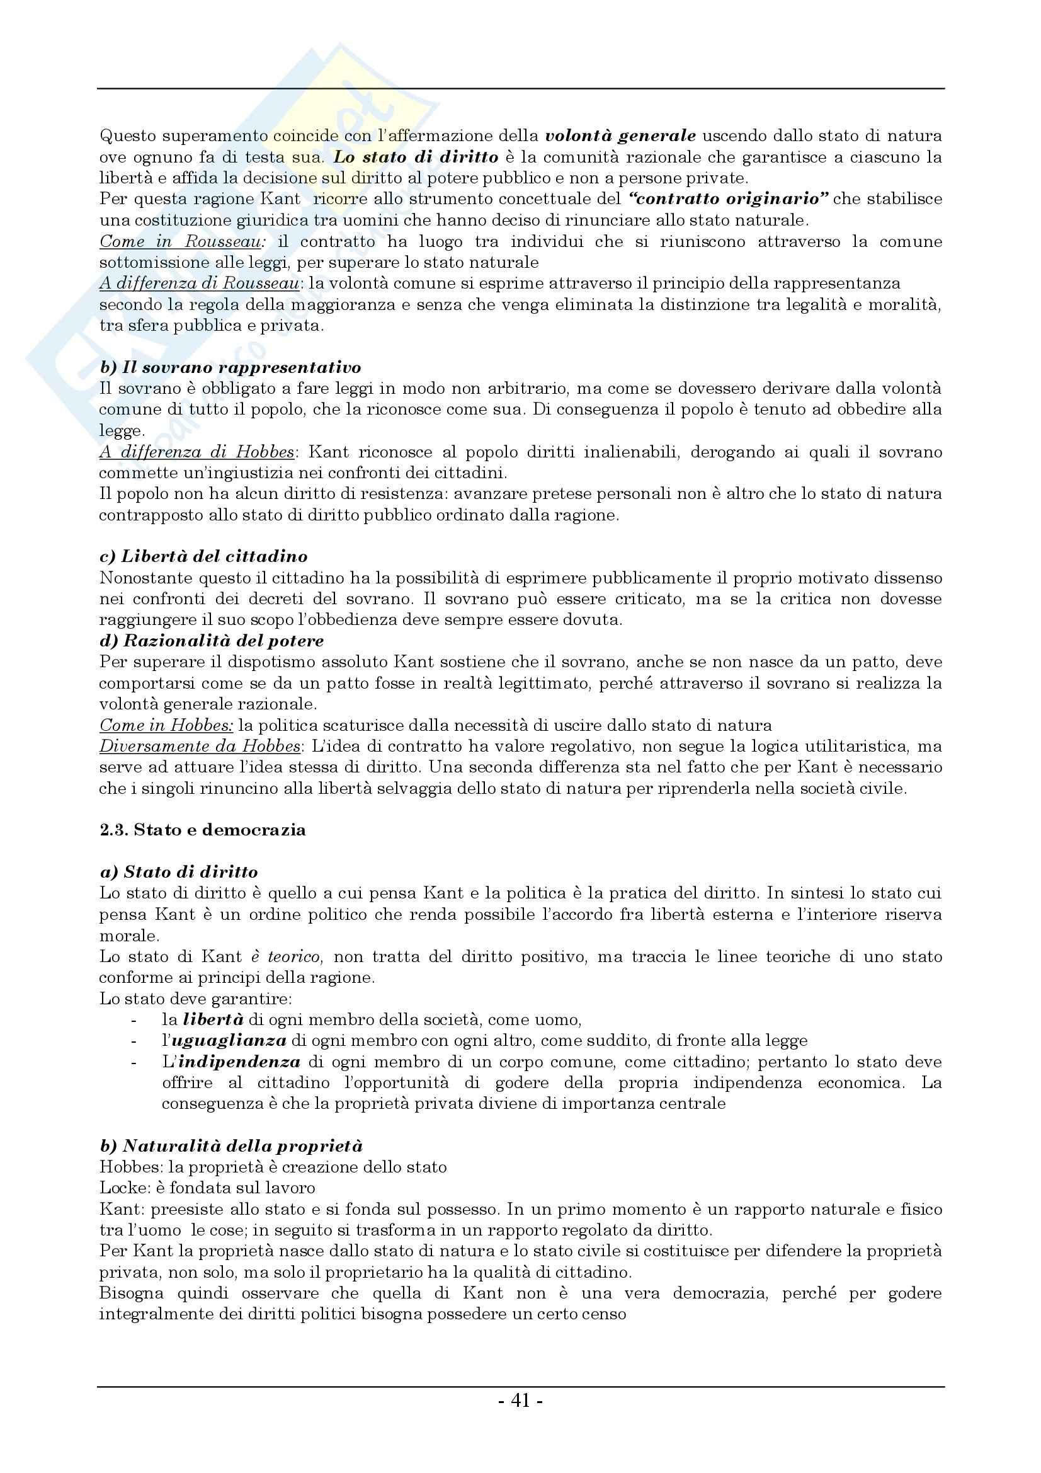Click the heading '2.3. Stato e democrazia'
[x=203, y=830]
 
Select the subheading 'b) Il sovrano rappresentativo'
[x=230, y=367]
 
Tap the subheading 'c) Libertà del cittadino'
[x=203, y=556]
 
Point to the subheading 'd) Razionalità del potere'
[x=212, y=640]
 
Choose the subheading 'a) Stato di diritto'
[x=179, y=872]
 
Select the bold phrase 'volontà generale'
[x=620, y=136]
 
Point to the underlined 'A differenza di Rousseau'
[x=199, y=284]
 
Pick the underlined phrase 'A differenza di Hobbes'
[x=196, y=452]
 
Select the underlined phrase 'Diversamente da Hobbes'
[x=200, y=746]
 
